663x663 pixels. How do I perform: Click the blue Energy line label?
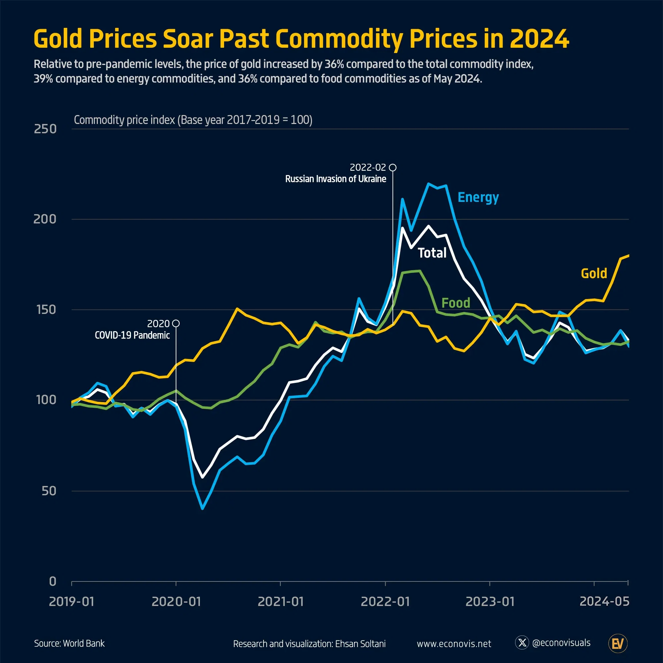478,197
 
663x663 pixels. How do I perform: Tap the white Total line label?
432,253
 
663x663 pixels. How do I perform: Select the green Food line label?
455,303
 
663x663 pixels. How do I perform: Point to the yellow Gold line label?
594,273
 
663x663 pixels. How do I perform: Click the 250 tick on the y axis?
45,129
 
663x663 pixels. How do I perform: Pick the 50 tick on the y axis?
49,491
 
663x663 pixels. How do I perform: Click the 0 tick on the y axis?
52,581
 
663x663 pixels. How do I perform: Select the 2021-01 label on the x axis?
280,602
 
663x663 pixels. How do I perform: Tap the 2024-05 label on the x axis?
604,601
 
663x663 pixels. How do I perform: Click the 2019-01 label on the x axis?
71,602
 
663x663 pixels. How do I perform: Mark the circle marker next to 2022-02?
392,167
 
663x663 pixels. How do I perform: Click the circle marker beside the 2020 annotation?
176,323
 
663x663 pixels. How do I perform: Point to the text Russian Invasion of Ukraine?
335,179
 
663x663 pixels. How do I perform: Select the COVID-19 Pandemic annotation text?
132,335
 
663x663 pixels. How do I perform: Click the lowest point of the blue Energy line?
203,508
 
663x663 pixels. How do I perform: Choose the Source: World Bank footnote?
69,643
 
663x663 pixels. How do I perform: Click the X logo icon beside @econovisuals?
522,642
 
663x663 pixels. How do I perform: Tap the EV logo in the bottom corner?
618,643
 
